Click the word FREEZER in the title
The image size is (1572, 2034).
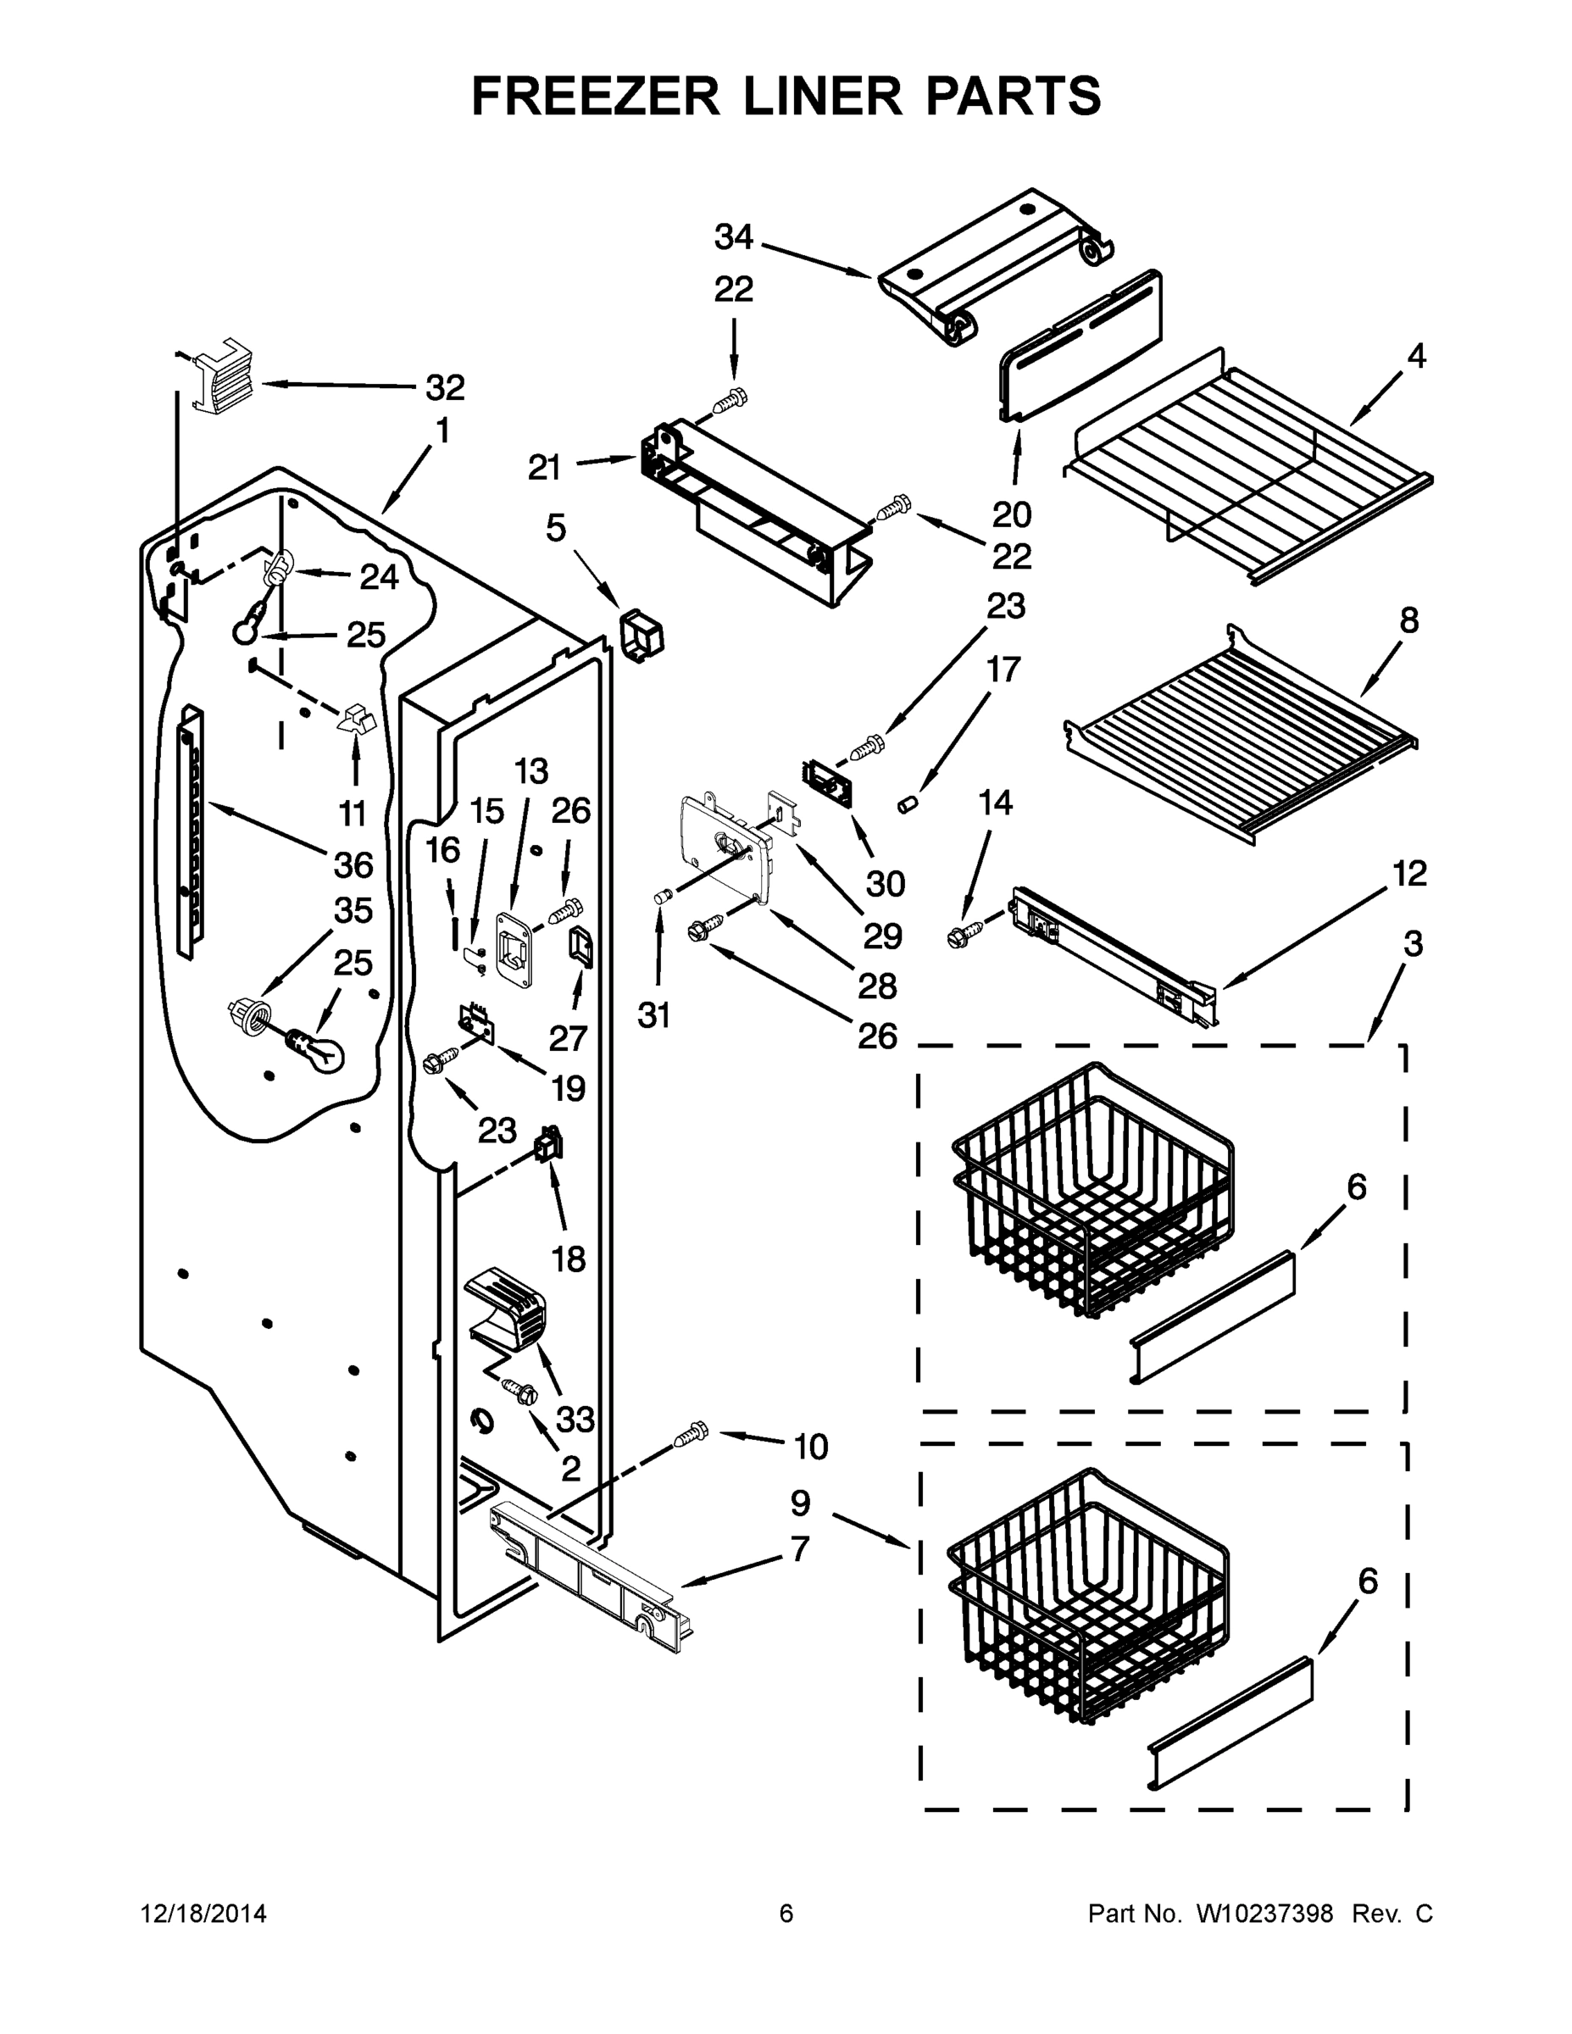coord(595,96)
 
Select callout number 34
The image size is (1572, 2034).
coord(733,237)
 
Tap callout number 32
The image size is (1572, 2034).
coord(445,386)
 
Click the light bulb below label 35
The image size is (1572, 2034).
coord(316,1049)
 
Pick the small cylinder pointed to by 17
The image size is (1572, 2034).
coord(908,802)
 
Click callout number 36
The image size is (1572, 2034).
coord(354,865)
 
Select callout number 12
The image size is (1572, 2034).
coord(1410,874)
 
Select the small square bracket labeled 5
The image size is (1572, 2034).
coord(642,637)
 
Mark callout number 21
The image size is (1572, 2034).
coord(545,467)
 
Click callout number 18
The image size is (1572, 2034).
coord(569,1260)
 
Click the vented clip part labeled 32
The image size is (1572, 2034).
coord(223,375)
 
